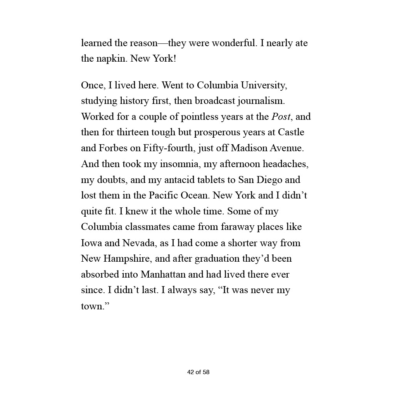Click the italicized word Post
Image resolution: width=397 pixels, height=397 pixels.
point(281,117)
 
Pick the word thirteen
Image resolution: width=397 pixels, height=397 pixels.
point(128,132)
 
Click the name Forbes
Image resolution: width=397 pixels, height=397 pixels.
point(117,148)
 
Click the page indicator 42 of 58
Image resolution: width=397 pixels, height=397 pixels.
point(198,372)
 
